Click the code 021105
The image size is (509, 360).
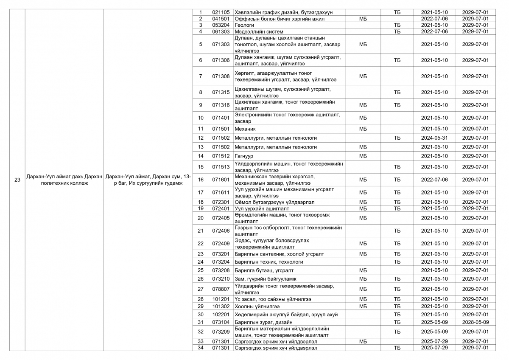click(221, 12)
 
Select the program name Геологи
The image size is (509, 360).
click(244, 25)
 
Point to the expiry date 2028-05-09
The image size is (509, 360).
click(475, 322)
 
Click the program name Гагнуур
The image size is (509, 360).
click(244, 156)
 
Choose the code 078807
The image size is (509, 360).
click(221, 289)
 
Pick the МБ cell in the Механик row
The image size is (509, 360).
click(363, 129)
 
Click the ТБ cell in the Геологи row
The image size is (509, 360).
click(397, 25)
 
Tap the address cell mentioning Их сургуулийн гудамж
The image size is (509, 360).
click(148, 180)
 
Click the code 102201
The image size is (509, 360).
click(221, 315)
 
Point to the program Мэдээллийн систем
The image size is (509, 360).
click(259, 31)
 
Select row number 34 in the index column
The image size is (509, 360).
click(201, 348)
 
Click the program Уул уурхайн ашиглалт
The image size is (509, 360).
click(262, 208)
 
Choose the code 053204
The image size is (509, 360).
click(221, 25)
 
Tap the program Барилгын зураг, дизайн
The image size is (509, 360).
click(263, 322)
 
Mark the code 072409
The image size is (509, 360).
click(221, 244)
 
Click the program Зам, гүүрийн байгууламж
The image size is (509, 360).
click(266, 279)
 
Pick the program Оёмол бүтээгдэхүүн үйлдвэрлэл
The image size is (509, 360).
click(274, 202)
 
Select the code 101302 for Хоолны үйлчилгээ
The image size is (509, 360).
click(221, 306)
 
